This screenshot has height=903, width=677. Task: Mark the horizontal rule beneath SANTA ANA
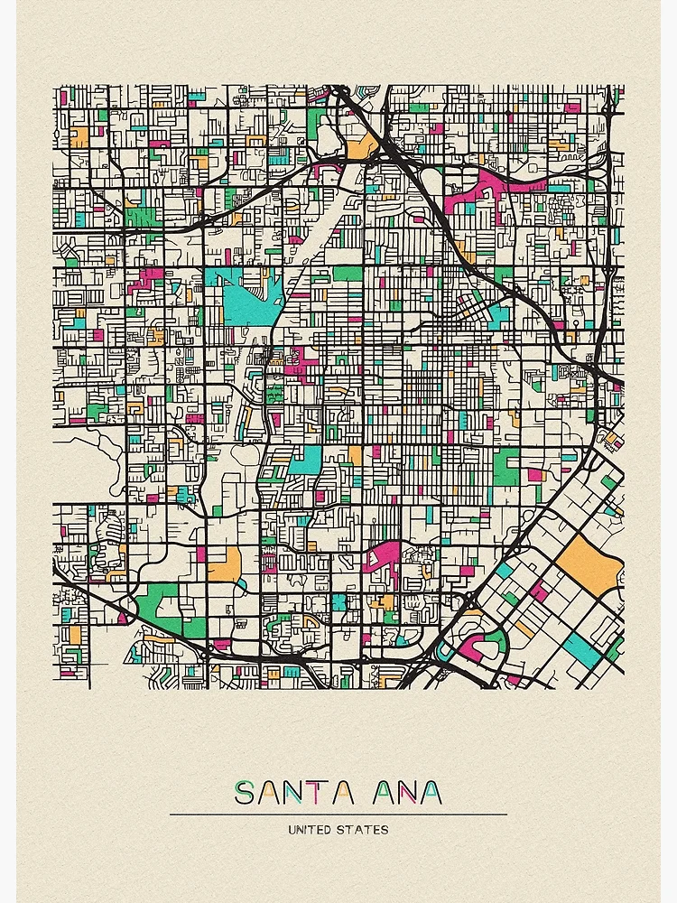click(x=338, y=815)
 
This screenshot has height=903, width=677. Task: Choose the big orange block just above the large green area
click(x=223, y=564)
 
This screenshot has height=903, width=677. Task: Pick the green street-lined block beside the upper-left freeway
click(x=140, y=217)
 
